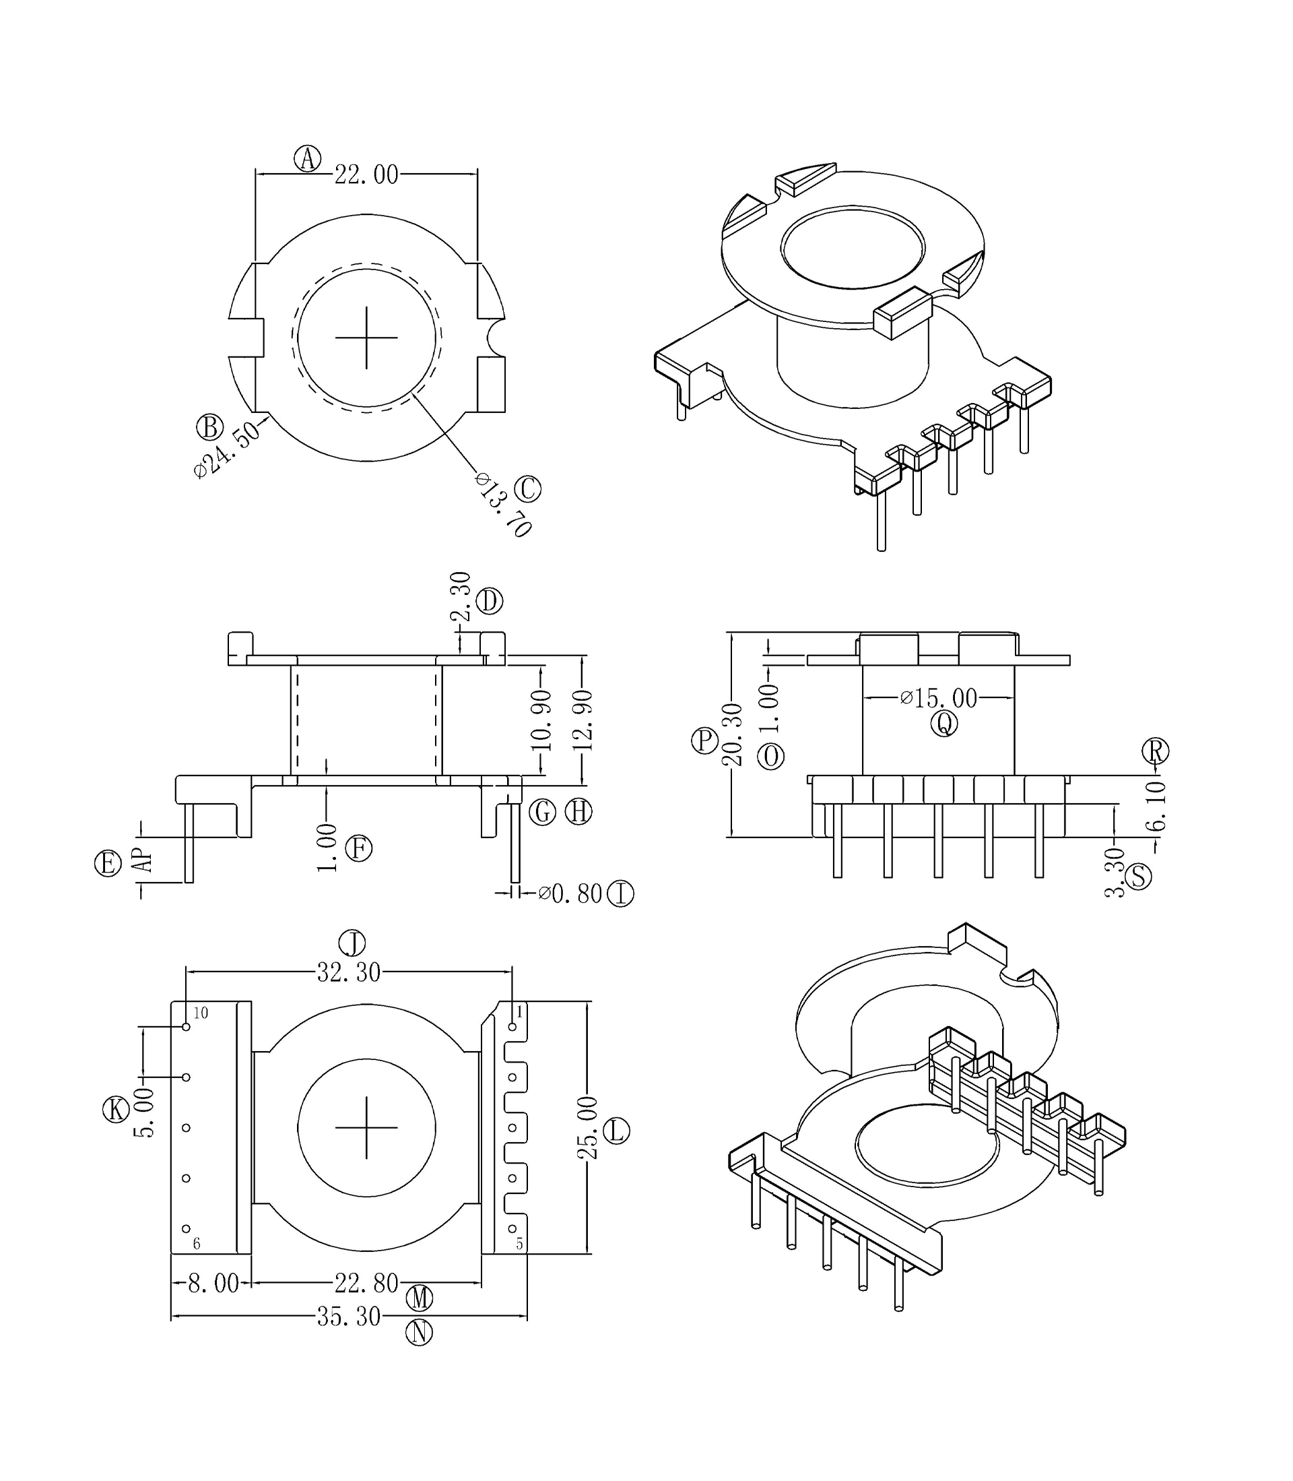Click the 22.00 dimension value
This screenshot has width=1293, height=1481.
[x=366, y=175]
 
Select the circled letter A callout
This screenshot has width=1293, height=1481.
[x=307, y=158]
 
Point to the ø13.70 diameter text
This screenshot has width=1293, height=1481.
[x=504, y=505]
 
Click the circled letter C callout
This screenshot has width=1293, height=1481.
[x=527, y=489]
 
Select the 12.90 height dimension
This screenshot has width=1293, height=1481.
[x=585, y=720]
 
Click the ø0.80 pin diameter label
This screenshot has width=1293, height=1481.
[x=570, y=893]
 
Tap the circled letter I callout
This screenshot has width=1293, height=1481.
[x=620, y=894]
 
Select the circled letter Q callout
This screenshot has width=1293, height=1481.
[x=943, y=723]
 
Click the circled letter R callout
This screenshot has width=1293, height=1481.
[x=1155, y=751]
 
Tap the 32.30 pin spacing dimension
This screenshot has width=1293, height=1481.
[x=349, y=973]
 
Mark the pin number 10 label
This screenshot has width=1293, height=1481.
[x=201, y=1013]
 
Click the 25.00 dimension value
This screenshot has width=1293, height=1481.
[x=587, y=1127]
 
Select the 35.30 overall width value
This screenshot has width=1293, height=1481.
[x=349, y=1317]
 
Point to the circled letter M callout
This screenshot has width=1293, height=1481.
[x=419, y=1298]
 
